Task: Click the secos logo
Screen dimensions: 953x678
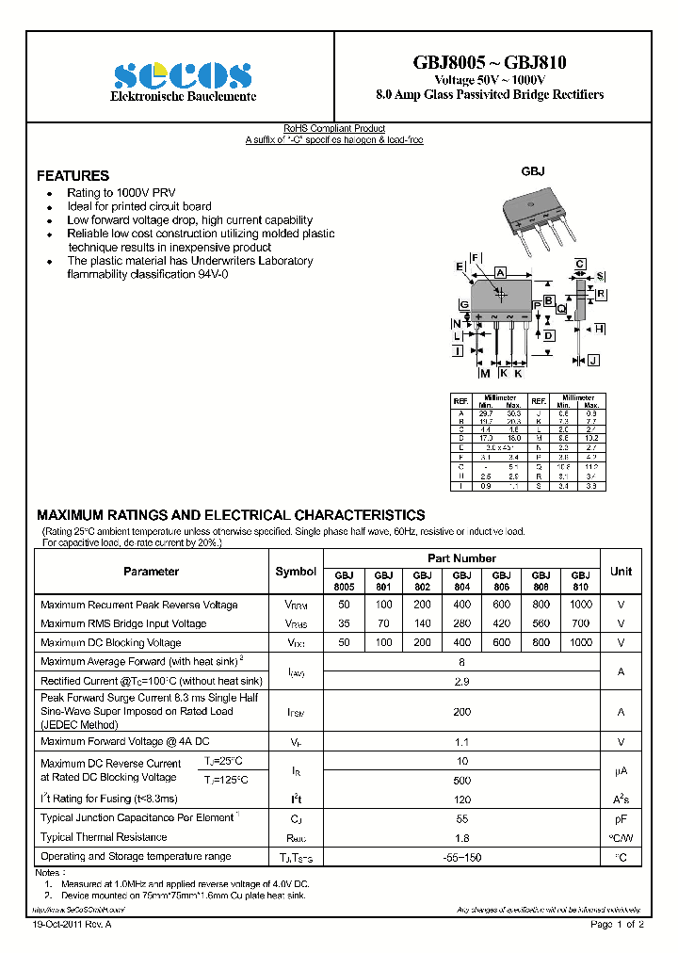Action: pos(183,75)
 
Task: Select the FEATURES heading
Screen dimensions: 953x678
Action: pos(73,176)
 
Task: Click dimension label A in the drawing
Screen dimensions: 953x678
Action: pos(501,272)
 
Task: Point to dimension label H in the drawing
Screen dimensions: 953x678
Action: pos(599,329)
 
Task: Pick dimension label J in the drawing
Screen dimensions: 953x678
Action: pos(593,360)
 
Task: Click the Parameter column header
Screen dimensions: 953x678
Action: pos(151,572)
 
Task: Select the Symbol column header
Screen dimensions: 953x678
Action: pos(296,572)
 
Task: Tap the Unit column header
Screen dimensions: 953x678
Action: pos(621,572)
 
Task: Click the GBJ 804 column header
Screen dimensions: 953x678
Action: pos(461,580)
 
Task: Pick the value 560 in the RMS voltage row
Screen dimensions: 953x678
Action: pos(541,623)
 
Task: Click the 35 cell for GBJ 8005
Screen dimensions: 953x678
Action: pos(344,623)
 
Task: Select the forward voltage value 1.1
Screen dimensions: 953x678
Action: pos(461,742)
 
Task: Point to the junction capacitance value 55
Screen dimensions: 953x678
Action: pos(461,818)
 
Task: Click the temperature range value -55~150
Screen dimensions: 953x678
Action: pos(461,857)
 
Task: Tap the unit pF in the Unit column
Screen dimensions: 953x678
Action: pos(621,818)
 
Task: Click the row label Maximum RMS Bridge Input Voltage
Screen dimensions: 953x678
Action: pos(123,623)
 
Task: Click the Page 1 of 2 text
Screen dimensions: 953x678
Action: pos(617,926)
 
